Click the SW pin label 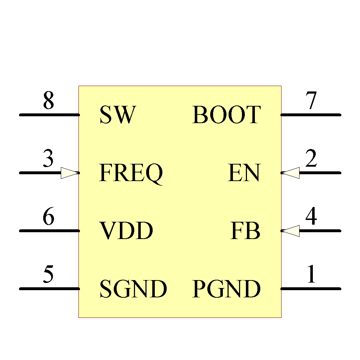tap(118, 115)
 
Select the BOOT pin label tap(226, 115)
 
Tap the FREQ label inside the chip tap(131, 173)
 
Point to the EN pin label tap(244, 173)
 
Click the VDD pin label tap(126, 231)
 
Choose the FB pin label tap(245, 231)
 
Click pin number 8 tap(48, 101)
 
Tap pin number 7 tap(311, 101)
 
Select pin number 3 tap(48, 159)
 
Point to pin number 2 tap(311, 159)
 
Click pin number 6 tap(48, 217)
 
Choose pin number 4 tap(311, 217)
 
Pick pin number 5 tap(48, 275)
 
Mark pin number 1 tap(311, 275)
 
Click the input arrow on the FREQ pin tap(70, 173)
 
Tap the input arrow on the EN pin tap(290, 173)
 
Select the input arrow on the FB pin tap(290, 231)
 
